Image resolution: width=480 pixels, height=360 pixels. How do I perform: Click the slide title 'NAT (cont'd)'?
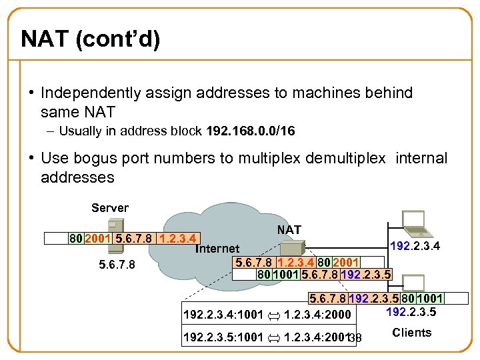point(90,39)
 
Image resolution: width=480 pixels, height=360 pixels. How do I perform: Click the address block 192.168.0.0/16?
point(250,131)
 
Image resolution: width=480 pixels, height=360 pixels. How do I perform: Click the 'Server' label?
point(110,208)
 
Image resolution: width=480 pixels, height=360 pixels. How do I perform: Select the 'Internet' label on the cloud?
point(217,249)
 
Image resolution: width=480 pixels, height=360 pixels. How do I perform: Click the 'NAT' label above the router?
point(289,230)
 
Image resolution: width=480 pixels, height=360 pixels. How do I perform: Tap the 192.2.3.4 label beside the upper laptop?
point(414,247)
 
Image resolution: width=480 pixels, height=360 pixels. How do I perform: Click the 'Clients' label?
point(411,333)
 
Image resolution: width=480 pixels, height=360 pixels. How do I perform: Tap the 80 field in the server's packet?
point(77,238)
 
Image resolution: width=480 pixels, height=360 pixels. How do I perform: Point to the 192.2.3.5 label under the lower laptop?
point(411,311)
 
